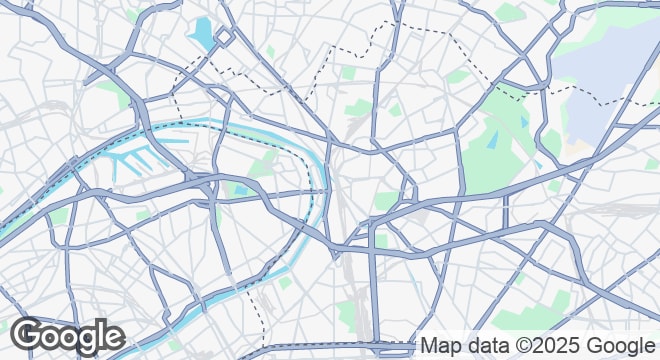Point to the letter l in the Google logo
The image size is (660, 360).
tap(100, 334)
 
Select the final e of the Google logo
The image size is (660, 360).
tap(113, 337)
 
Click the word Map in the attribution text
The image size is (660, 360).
tap(439, 346)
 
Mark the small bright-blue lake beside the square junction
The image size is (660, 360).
tap(202, 33)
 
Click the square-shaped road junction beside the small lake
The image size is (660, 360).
tap(222, 37)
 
